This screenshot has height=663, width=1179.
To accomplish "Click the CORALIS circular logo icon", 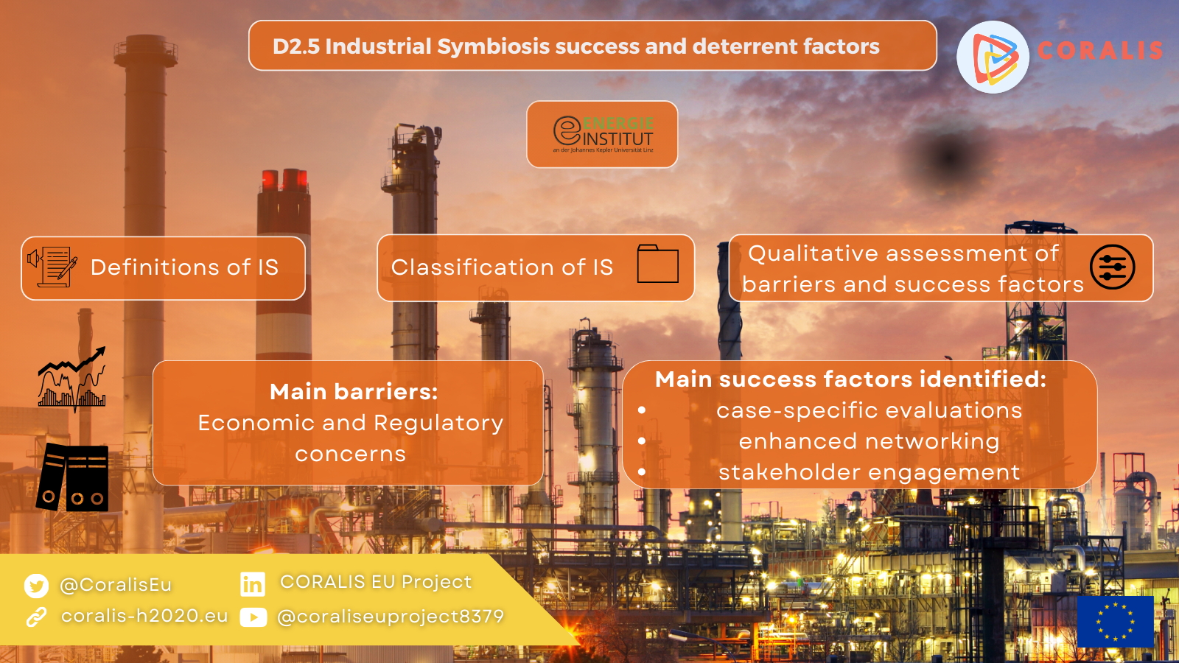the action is (993, 57).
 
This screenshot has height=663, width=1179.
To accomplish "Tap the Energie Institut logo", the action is (603, 134).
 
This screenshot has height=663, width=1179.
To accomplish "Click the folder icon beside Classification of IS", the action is (657, 264).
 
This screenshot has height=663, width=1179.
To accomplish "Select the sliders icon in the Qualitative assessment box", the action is (1112, 267).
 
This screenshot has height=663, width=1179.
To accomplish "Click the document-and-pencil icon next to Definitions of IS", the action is (52, 267).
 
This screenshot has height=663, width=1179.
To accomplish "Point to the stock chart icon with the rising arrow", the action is (72, 378).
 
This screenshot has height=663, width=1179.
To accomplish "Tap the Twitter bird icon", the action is (36, 586).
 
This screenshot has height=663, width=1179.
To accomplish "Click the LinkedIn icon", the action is (253, 584).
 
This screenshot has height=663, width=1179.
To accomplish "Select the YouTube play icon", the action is (253, 617).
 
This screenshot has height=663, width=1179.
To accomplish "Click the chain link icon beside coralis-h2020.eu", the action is (36, 617).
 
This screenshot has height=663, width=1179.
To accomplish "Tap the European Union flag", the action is (1116, 622).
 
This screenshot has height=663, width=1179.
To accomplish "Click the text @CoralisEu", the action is (116, 585).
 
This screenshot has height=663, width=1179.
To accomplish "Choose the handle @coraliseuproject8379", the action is (391, 617).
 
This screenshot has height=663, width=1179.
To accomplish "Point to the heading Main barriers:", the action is (354, 391).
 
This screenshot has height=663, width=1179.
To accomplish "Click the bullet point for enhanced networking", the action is (642, 441).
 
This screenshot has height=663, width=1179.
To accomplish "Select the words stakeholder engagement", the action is (870, 472).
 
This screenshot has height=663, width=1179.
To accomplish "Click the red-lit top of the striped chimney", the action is (284, 180).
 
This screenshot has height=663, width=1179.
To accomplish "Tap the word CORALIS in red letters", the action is (1100, 51).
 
